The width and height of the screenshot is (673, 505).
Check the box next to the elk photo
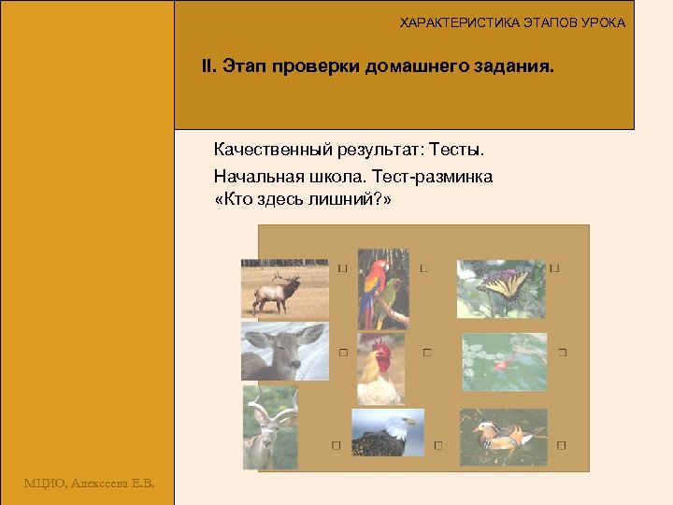(343, 268)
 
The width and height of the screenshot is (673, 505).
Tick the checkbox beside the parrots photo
(424, 268)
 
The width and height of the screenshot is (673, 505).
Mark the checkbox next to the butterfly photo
(554, 268)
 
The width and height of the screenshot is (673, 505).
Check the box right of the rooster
(427, 353)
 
